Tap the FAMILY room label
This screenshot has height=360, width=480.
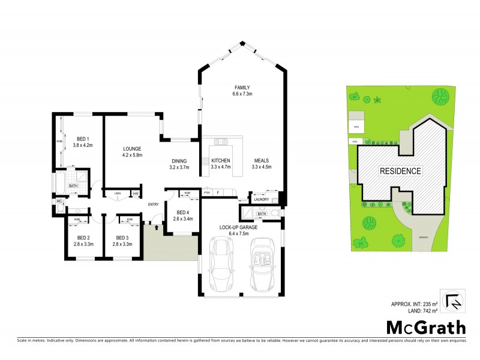[242, 87]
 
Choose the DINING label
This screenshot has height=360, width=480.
[179, 160]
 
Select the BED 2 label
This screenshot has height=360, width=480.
[82, 238]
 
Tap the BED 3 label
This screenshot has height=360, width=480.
[122, 238]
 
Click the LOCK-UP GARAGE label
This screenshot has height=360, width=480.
[238, 227]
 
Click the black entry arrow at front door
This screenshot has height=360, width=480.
[157, 227]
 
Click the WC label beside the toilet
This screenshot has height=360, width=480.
[60, 201]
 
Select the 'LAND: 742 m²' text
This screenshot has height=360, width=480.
[416, 310]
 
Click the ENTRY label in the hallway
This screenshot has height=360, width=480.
[154, 205]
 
